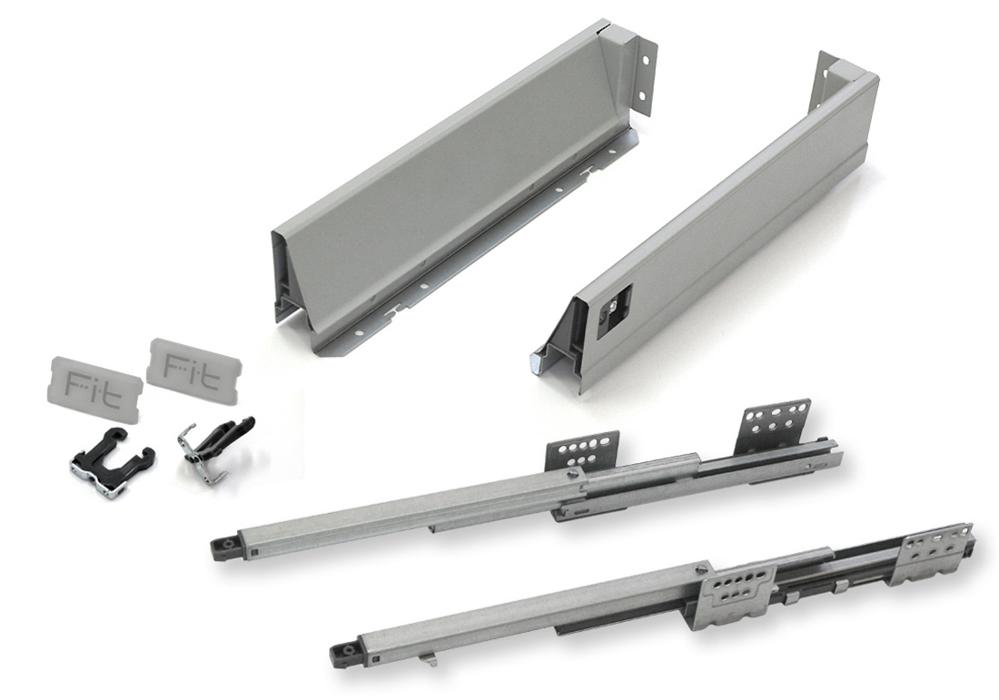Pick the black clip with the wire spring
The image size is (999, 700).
point(214,449)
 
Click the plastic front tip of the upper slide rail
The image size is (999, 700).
point(224,547)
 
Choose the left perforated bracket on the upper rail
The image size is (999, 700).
point(581,450)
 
